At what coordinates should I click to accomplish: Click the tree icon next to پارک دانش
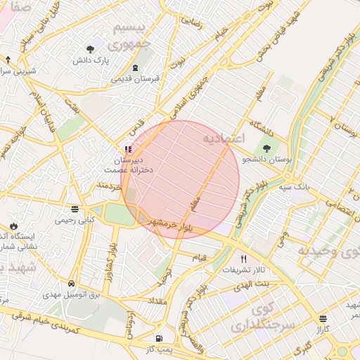click(91, 49)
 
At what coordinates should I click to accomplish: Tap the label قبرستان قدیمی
click(136, 79)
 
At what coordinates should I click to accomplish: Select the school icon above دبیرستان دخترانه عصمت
click(127, 148)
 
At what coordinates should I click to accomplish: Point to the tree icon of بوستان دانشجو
click(266, 148)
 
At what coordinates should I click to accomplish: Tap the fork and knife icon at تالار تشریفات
click(244, 258)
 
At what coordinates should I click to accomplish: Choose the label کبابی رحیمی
click(75, 220)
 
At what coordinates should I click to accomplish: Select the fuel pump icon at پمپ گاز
click(159, 337)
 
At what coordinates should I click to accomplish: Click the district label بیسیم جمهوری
click(131, 35)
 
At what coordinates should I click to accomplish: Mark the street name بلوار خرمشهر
click(167, 224)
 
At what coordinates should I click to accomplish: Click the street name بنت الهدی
click(253, 282)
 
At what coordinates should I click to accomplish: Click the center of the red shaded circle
click(180, 179)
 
